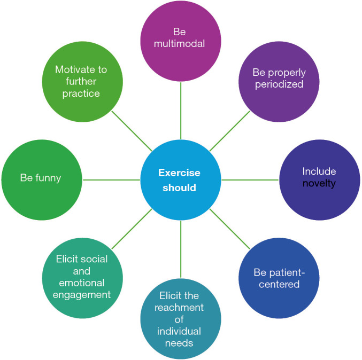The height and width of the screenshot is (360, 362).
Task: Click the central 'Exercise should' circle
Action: click(x=181, y=180)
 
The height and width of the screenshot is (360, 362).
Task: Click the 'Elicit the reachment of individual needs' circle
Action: click(x=181, y=319)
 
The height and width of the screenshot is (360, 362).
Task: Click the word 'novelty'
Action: click(x=319, y=184)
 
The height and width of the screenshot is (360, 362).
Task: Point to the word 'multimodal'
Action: click(x=180, y=44)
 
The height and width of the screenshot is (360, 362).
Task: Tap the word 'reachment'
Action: click(x=180, y=308)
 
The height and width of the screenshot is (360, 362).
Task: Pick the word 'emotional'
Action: click(x=82, y=283)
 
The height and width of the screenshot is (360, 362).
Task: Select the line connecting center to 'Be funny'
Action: click(x=111, y=180)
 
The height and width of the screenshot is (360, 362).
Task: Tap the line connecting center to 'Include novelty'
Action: click(x=250, y=180)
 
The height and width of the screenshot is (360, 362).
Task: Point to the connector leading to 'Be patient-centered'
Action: click(x=230, y=229)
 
